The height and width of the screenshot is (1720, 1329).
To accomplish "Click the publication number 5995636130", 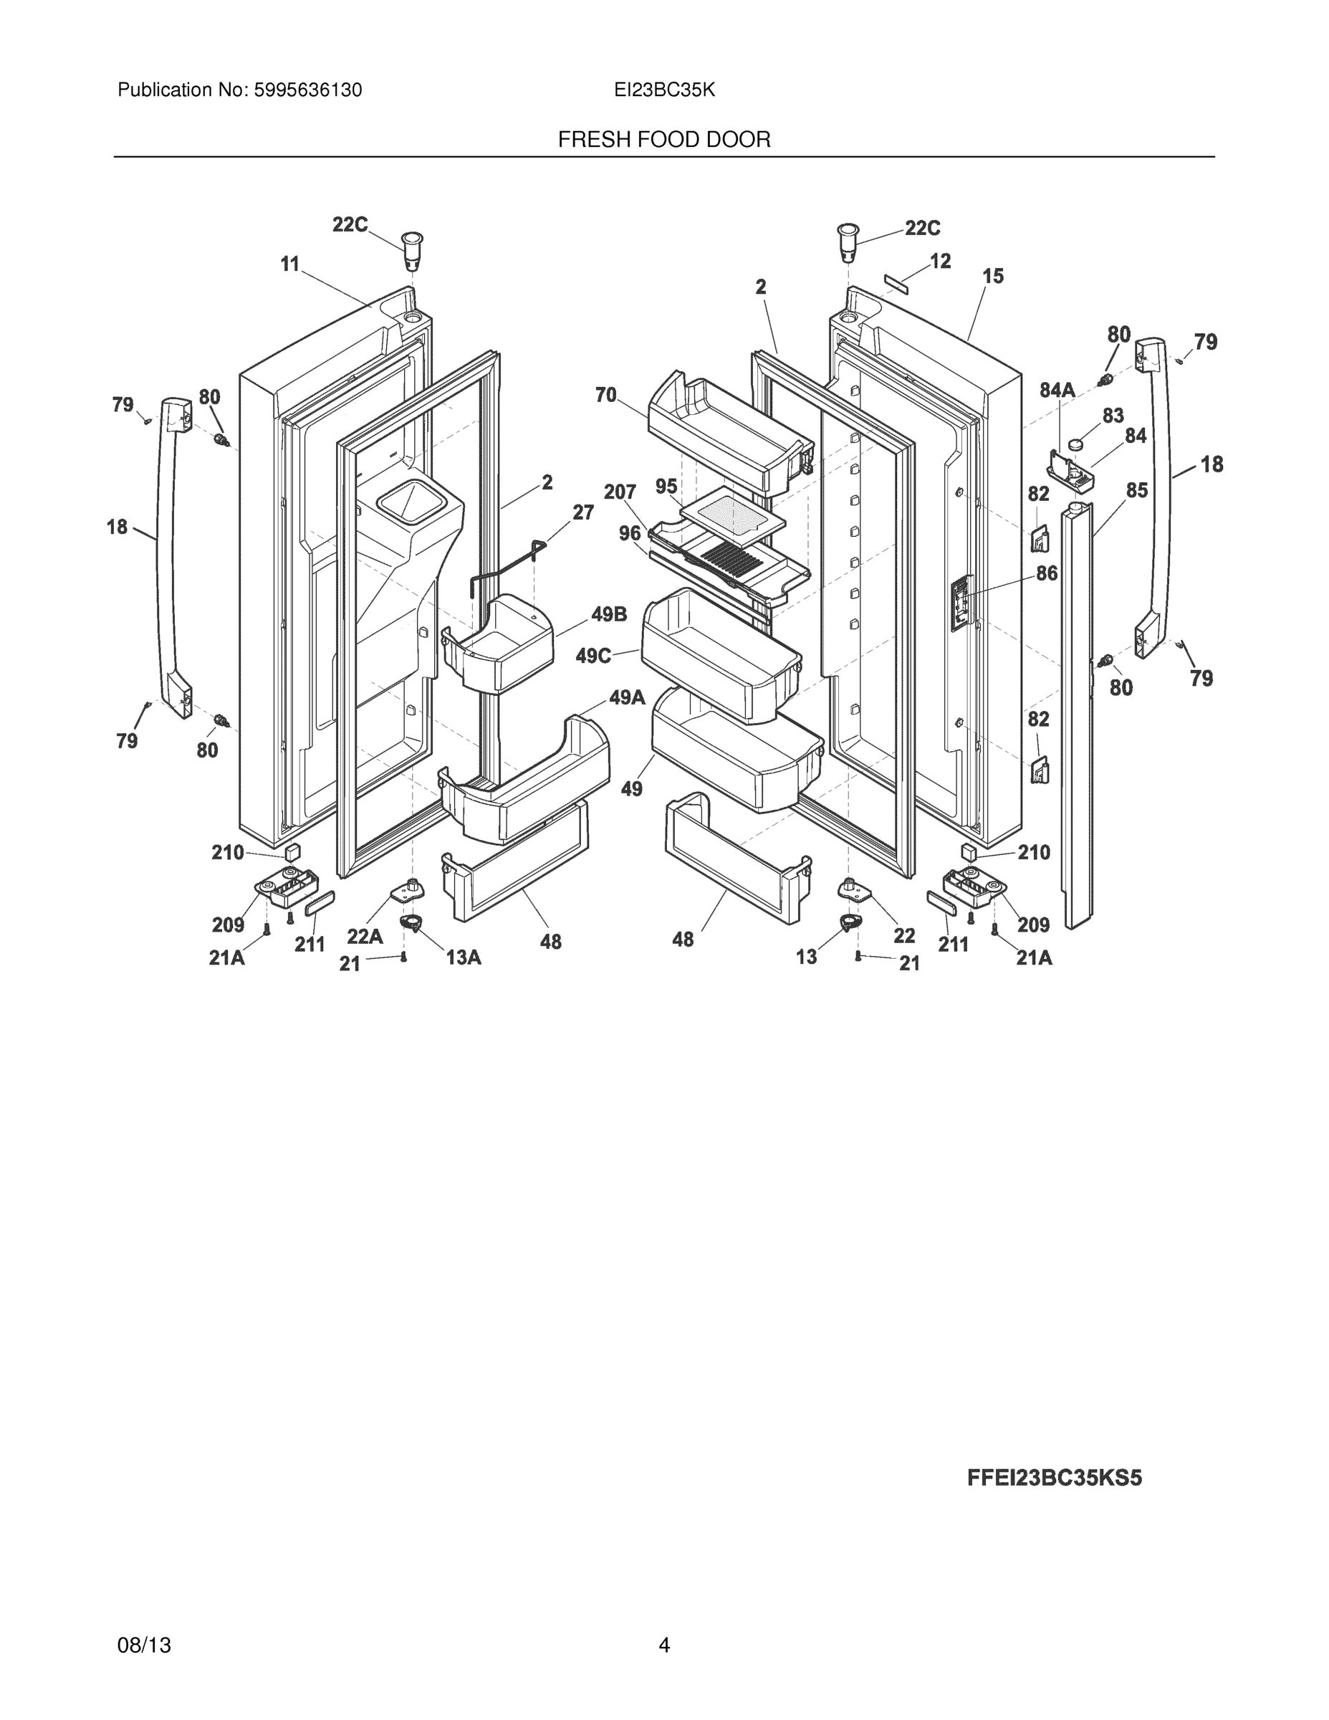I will coord(307,90).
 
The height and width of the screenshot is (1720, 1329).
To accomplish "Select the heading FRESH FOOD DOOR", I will coord(663,140).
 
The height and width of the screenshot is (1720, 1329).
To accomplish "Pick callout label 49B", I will coord(608,614).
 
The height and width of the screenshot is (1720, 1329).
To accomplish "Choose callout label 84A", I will coord(1057,390).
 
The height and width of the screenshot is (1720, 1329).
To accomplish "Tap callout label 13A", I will coord(463,957).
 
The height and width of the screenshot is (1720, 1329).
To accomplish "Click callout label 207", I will coord(620,492).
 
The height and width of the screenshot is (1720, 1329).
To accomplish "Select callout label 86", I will coord(1046,573).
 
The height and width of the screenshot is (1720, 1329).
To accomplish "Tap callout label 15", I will coord(993,277).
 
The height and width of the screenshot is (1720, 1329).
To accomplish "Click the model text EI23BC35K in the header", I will coord(665,90).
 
